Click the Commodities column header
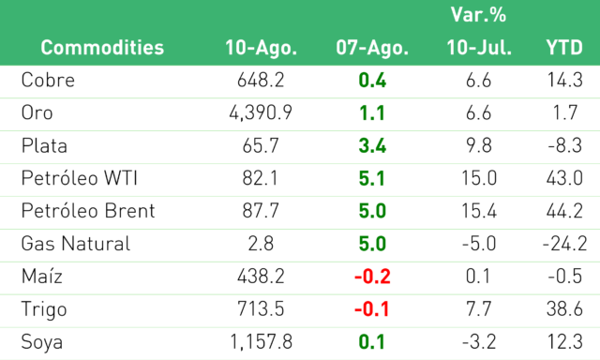(x=102, y=48)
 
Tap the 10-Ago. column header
(x=261, y=48)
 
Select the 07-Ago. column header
(x=372, y=48)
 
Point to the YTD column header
(x=564, y=48)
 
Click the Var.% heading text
(x=478, y=15)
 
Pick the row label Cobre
(x=48, y=81)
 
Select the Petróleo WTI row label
(x=79, y=178)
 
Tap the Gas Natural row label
(x=76, y=244)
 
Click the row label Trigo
(x=44, y=309)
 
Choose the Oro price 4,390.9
(x=261, y=112)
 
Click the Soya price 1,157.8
(x=261, y=341)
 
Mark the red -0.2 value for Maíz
(x=372, y=277)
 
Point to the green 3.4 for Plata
(x=372, y=145)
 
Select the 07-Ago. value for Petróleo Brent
(x=372, y=211)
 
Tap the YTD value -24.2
(x=564, y=244)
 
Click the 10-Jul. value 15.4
(x=479, y=211)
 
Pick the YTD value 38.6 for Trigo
(x=564, y=309)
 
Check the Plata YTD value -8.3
(x=564, y=145)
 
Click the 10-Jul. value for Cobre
(x=479, y=81)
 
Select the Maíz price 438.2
(x=261, y=277)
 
